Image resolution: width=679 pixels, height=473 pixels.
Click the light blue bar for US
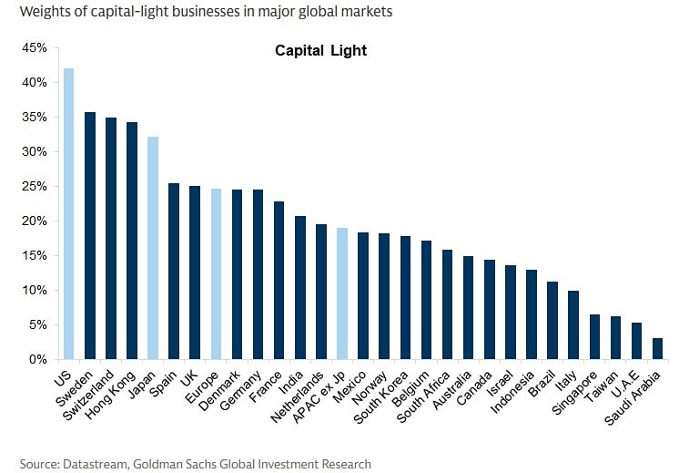[68, 214]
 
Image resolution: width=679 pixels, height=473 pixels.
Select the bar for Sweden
[90, 236]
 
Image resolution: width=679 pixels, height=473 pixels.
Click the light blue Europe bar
[216, 274]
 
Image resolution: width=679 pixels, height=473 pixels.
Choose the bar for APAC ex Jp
[342, 293]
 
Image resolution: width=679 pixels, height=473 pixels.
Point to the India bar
[300, 288]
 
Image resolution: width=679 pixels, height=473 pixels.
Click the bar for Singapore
[594, 337]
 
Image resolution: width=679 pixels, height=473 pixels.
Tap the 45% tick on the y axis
[34, 47]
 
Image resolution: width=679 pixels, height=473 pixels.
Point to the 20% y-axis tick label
[34, 221]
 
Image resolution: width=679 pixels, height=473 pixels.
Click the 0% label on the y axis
[37, 359]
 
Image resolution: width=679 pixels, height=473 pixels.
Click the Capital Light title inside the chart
[320, 51]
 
